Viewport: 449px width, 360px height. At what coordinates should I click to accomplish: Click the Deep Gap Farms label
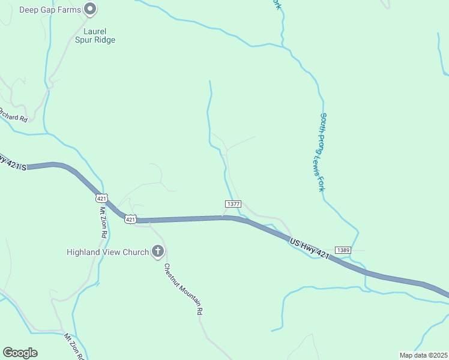(50, 10)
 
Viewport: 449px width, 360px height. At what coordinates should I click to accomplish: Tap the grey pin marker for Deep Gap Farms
(91, 9)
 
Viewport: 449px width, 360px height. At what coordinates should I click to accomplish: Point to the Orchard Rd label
(13, 115)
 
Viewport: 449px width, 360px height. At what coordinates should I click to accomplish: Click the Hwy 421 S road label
(12, 163)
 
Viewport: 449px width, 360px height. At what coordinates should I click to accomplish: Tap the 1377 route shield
(234, 205)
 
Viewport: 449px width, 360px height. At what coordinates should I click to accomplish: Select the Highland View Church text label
(107, 252)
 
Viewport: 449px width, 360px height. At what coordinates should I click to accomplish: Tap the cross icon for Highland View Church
(158, 251)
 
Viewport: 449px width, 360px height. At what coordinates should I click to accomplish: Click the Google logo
(20, 353)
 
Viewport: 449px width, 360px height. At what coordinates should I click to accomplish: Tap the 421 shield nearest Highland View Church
(131, 220)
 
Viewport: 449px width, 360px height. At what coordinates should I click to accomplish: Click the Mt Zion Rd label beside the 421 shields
(102, 223)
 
